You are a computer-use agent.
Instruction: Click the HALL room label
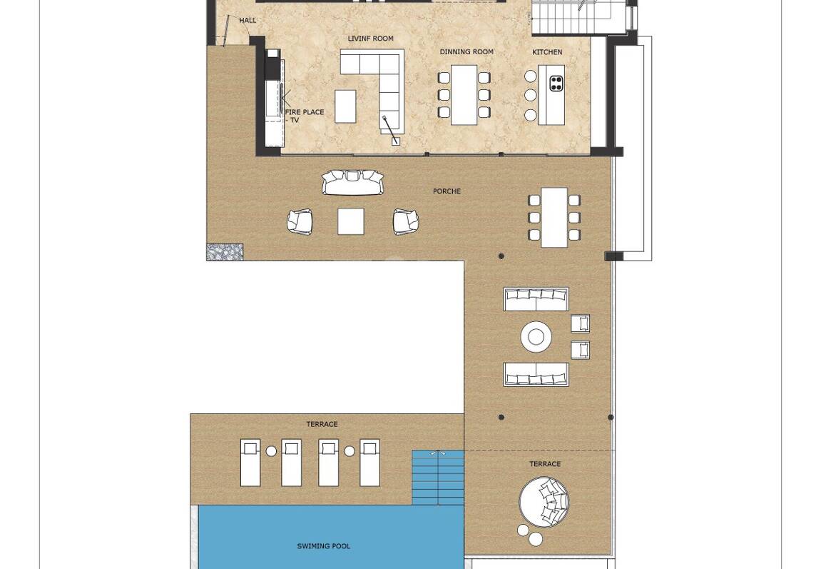(248, 21)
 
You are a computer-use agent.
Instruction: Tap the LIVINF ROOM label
(371, 39)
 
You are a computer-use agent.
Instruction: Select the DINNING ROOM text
(466, 52)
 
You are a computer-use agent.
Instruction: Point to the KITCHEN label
(547, 52)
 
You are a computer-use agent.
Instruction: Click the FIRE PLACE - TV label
(304, 116)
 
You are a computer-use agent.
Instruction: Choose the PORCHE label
(447, 191)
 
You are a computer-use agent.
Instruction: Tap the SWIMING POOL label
(324, 546)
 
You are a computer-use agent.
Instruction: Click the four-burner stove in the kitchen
(556, 83)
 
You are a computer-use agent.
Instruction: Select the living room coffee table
(345, 106)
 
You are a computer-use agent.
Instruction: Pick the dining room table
(464, 95)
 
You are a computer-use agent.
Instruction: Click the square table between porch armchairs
(351, 221)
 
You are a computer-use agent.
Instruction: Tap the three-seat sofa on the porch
(352, 182)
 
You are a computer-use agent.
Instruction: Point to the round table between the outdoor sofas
(536, 336)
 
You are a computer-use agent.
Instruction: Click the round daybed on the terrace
(544, 501)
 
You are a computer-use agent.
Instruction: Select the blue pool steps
(438, 478)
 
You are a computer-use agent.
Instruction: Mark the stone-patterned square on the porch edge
(225, 251)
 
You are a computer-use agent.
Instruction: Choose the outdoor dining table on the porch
(554, 218)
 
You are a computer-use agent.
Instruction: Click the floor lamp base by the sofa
(395, 141)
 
